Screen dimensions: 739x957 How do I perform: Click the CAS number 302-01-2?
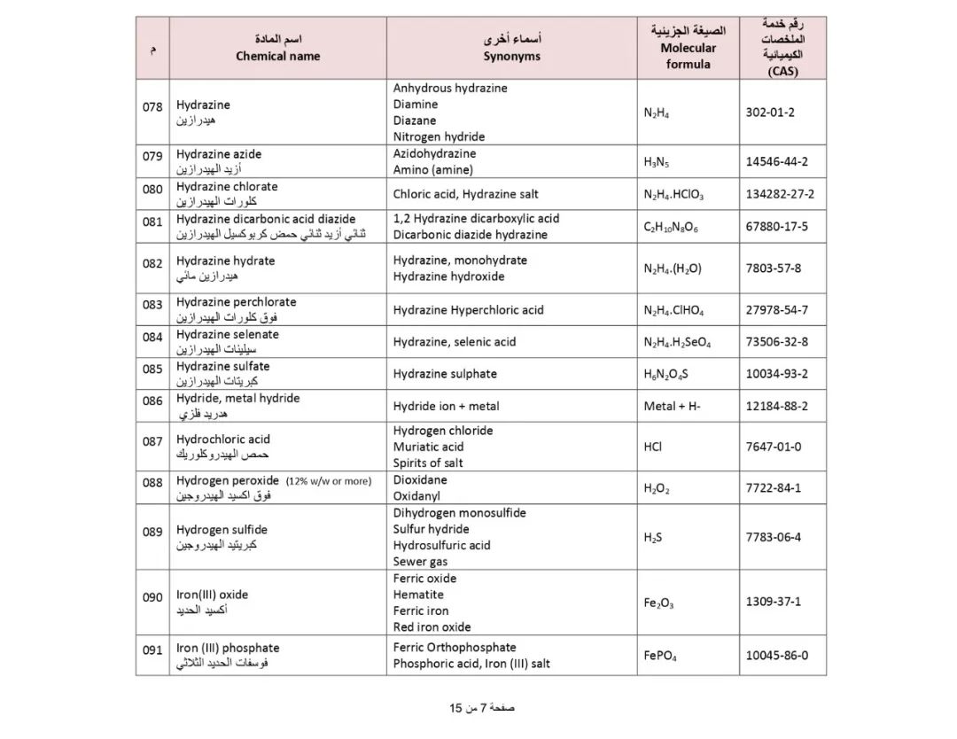coord(770,113)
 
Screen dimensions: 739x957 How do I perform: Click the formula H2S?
coord(653,537)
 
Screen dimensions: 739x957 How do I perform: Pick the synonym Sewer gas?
coord(420,562)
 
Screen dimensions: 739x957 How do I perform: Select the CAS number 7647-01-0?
coord(774,447)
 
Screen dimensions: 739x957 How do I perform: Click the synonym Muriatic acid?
coord(428,447)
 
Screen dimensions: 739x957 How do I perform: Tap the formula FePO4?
coord(660,657)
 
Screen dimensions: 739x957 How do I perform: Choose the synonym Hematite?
coord(418,595)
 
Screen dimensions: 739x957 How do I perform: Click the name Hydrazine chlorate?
coord(227,187)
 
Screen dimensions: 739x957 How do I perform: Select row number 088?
coord(152,482)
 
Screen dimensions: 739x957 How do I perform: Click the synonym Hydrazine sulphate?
coord(445,374)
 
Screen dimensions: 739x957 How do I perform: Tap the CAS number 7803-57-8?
coord(774,268)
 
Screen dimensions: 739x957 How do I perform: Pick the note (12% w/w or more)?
coord(328,481)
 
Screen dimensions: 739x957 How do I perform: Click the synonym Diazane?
coord(415,121)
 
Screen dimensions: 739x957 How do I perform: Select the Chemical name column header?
coord(277,48)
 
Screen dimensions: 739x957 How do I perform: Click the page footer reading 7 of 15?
coord(481,708)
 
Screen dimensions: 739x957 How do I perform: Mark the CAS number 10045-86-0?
coord(776,657)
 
